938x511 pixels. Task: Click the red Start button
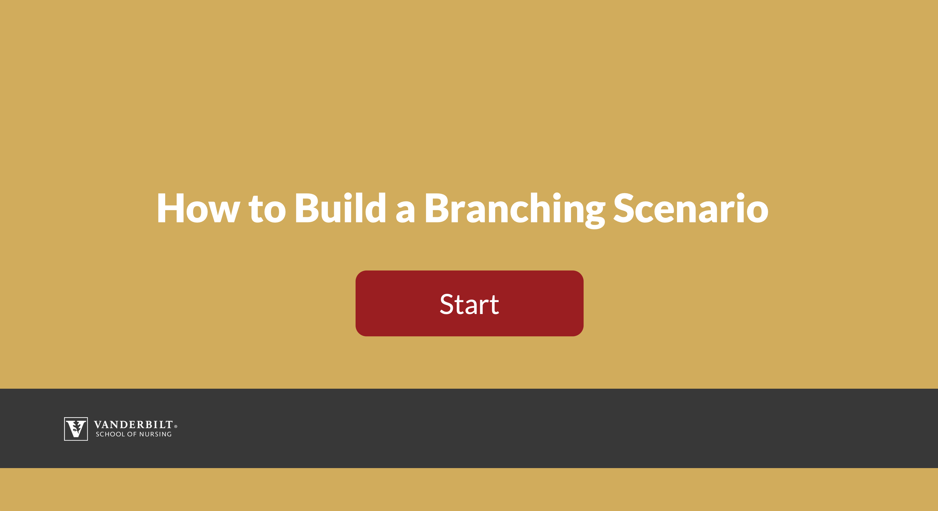coord(469,303)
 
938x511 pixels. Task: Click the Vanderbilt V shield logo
coord(76,429)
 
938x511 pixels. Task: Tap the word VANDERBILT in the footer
coord(133,425)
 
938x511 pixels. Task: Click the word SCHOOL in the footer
coord(110,434)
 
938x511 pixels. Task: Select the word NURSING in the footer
coord(155,434)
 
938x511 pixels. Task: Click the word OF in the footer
coord(132,434)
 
